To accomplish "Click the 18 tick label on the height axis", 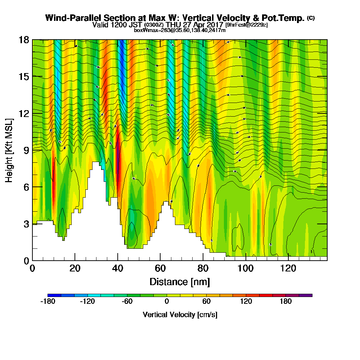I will point(24,40).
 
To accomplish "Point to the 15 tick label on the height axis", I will point(24,76).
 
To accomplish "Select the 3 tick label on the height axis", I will point(26,224).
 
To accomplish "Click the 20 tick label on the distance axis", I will point(75,268).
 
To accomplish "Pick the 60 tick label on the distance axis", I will point(160,268).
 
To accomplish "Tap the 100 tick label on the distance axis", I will point(246,268).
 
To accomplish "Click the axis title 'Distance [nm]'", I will point(180,282).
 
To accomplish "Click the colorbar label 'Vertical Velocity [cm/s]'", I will point(180,315).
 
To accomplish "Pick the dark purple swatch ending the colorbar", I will point(306,295).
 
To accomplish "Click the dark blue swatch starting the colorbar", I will point(54,295).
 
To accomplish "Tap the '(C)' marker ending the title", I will point(311,18).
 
